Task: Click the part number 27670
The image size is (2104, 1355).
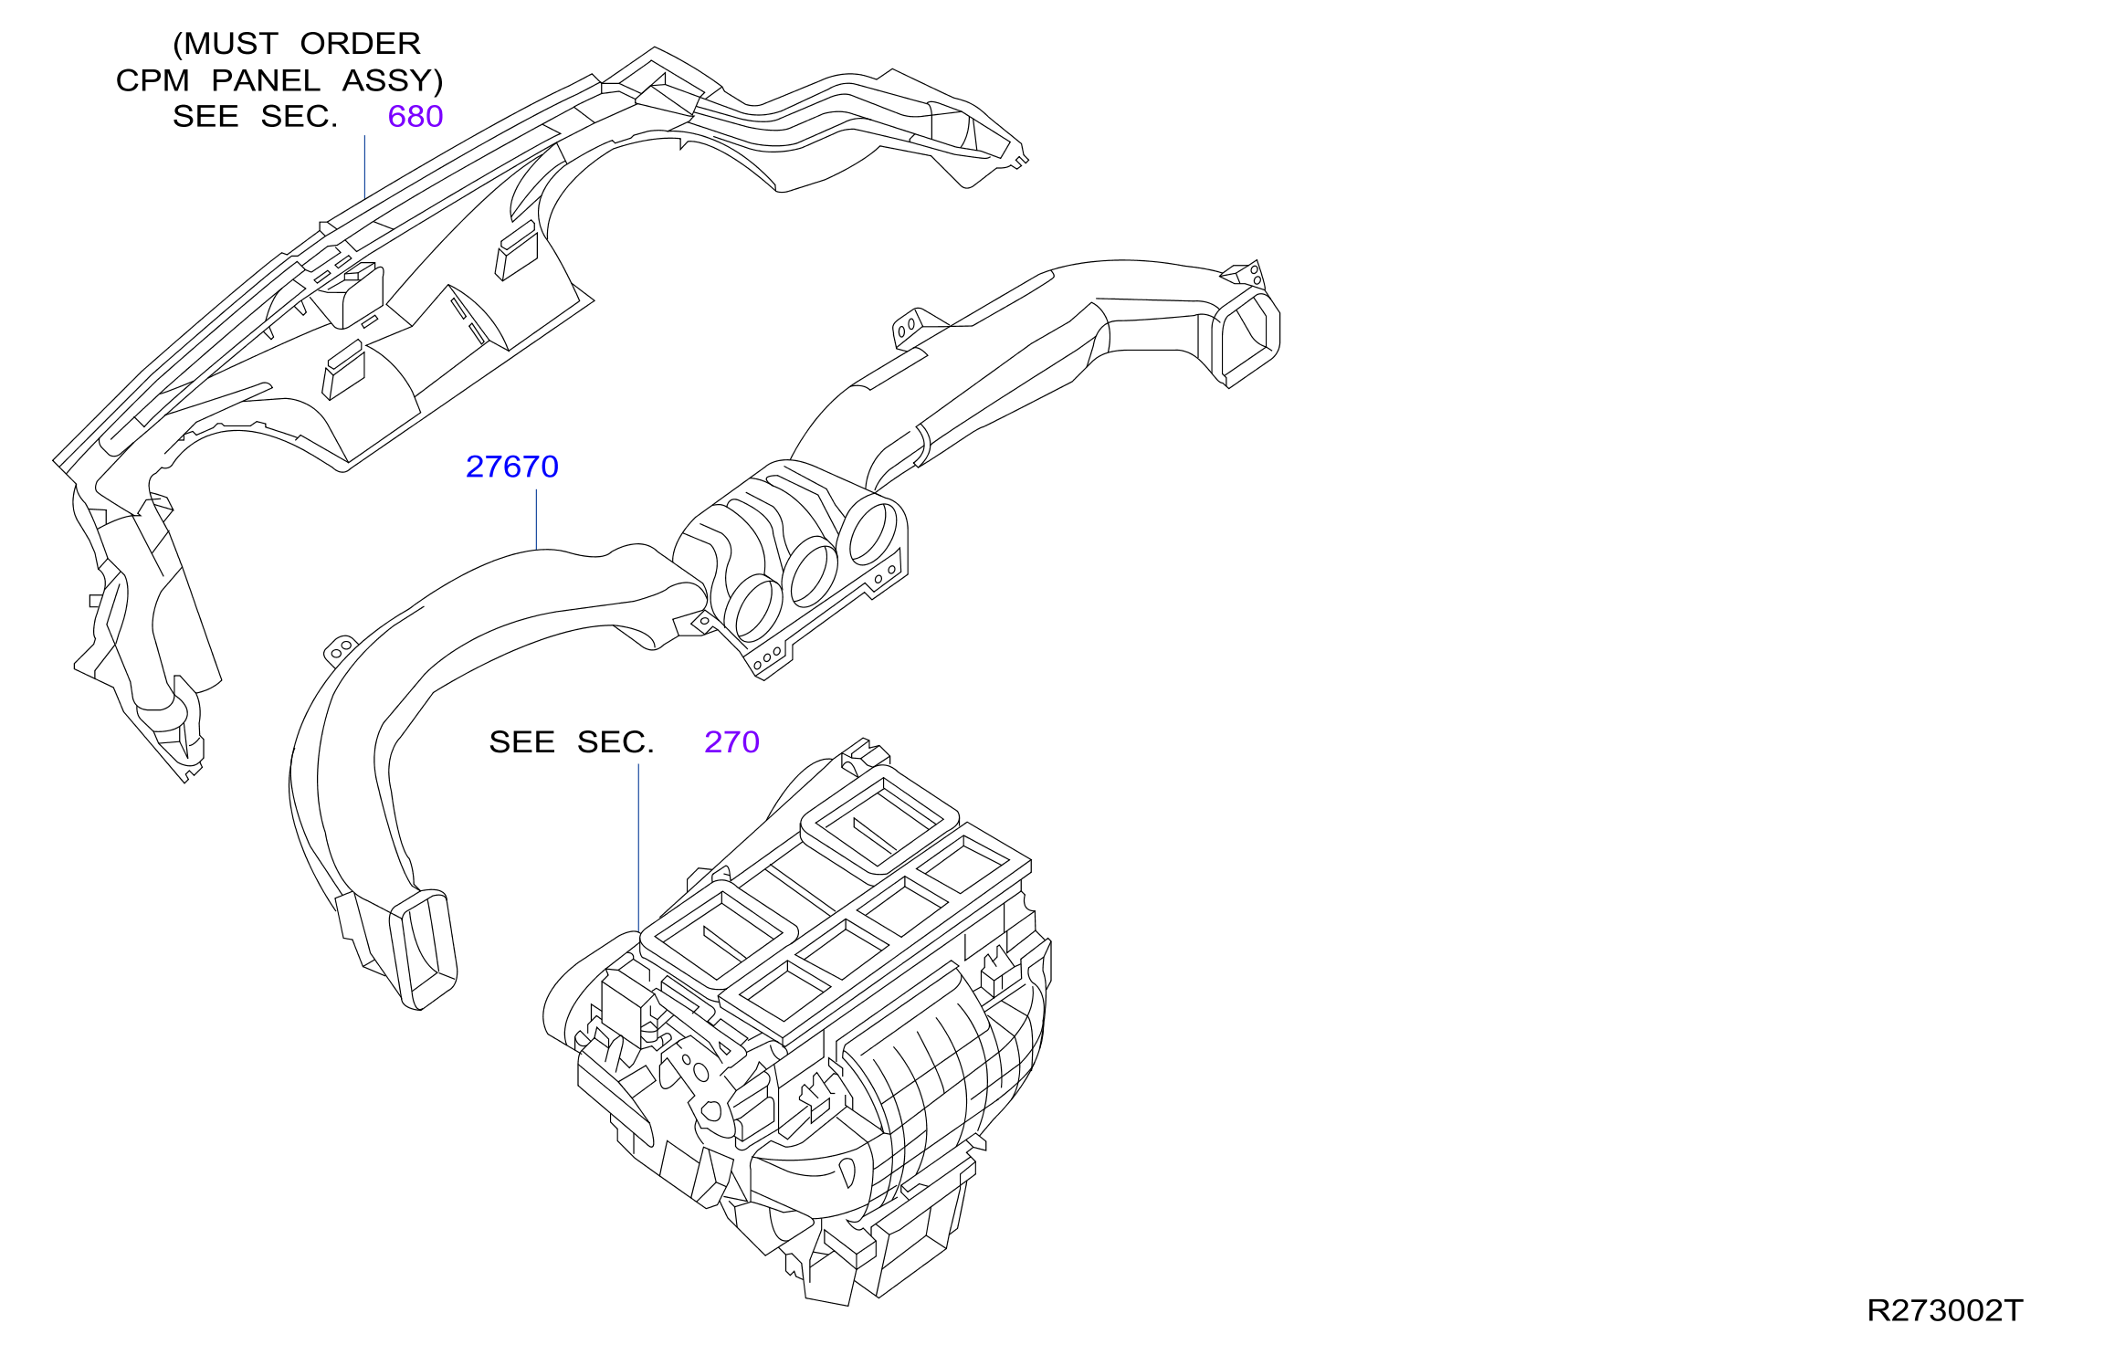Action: coord(511,467)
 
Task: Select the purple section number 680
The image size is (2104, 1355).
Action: coord(416,116)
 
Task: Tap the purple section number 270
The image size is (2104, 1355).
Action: coord(731,741)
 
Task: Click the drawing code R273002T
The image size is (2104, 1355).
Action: coord(1944,1310)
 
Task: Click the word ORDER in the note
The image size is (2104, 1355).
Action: coord(360,44)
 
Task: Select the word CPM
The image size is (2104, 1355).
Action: coord(153,80)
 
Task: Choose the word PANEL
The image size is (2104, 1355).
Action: coord(266,80)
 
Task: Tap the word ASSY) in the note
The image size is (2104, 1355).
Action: coord(393,81)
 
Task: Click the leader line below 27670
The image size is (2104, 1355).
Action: coord(536,520)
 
